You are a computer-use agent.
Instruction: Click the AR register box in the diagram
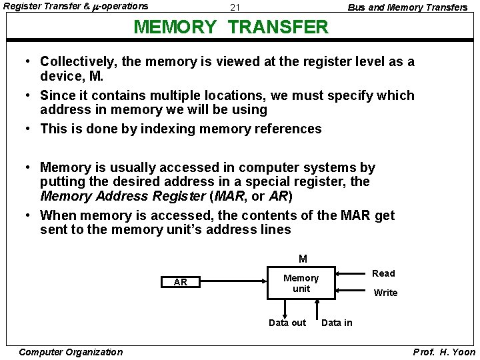pyautogui.click(x=180, y=282)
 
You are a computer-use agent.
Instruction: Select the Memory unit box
pyautogui.click(x=301, y=283)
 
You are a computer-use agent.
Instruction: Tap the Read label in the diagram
pyautogui.click(x=383, y=273)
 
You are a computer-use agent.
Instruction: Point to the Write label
pyautogui.click(x=385, y=293)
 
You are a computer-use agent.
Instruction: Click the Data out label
pyautogui.click(x=287, y=323)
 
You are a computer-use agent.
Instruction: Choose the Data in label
pyautogui.click(x=337, y=323)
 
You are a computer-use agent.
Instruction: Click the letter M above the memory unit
pyautogui.click(x=303, y=259)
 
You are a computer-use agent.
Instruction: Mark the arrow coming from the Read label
pyautogui.click(x=353, y=273)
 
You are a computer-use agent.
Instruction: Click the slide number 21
pyautogui.click(x=235, y=8)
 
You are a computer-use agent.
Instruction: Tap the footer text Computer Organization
pyautogui.click(x=71, y=352)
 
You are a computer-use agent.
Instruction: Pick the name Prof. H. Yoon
pyautogui.click(x=445, y=352)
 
